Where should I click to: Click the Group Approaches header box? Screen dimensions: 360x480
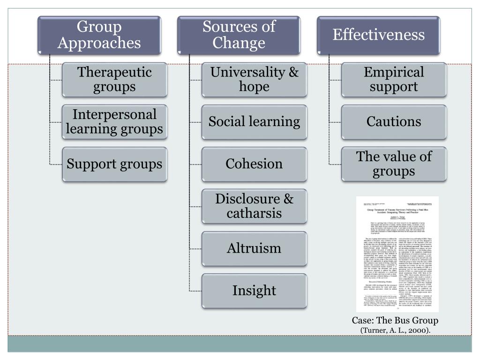pos(99,35)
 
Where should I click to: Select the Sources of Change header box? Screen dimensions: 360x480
pos(239,35)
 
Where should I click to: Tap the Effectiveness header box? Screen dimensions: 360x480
pos(378,35)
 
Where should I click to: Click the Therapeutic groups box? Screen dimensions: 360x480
pos(114,80)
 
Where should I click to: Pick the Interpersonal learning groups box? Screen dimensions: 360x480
pos(114,122)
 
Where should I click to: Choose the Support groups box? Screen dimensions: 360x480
pos(114,164)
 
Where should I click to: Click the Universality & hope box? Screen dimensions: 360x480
pos(254,80)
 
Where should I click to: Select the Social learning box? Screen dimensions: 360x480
pos(254,122)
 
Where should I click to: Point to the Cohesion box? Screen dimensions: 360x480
pos(254,164)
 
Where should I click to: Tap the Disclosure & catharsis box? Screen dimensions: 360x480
pos(254,206)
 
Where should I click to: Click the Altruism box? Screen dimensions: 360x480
pos(254,248)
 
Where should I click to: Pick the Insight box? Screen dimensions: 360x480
pos(254,291)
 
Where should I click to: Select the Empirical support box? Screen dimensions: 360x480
pos(394,80)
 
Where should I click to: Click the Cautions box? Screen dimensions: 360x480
pos(394,122)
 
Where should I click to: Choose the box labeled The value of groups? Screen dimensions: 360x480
pos(394,164)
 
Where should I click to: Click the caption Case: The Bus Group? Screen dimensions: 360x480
pos(395,321)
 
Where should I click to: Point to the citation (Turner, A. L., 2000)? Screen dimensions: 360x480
pos(395,330)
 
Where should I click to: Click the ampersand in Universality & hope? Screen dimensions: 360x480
pos(293,73)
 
